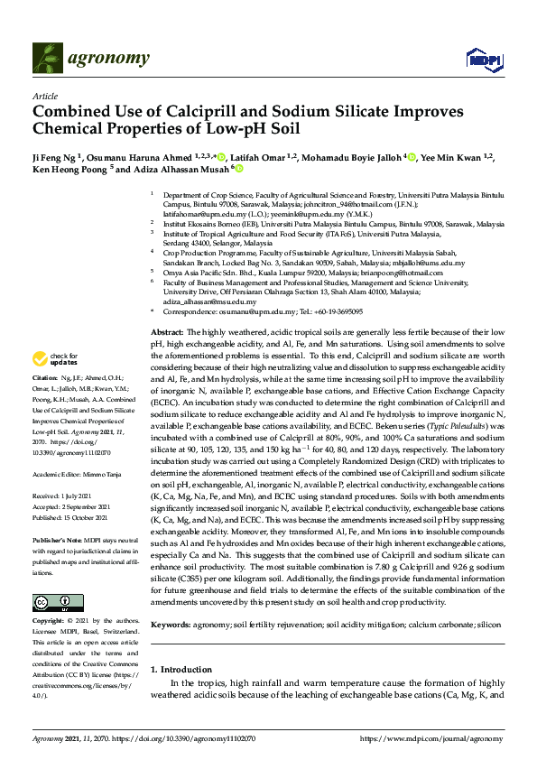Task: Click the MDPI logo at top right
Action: point(483,59)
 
